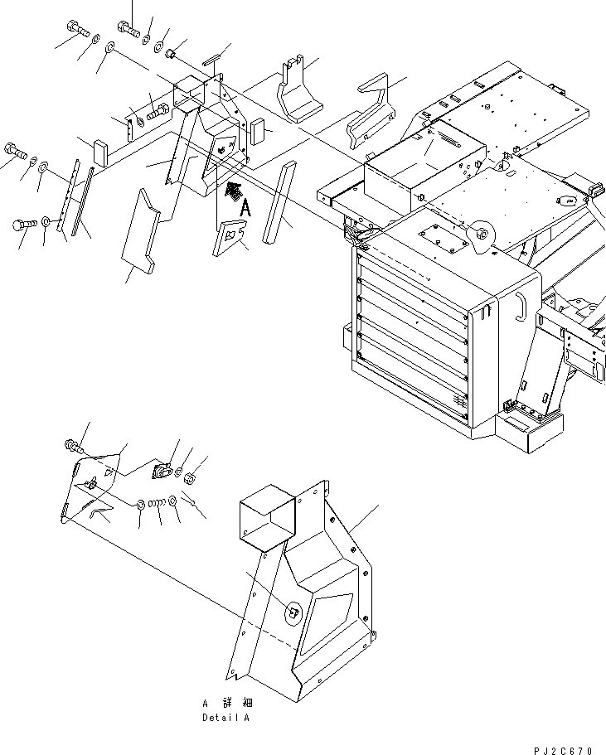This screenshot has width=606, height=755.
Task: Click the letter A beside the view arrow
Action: coord(245,211)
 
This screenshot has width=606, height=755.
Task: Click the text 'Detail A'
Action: coord(225,718)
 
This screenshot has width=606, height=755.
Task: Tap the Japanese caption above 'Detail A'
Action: coord(225,703)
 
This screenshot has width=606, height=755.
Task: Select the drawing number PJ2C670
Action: coord(565,751)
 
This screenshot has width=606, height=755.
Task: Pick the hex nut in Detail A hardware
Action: coord(188,477)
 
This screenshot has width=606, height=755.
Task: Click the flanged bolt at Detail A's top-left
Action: coord(71,446)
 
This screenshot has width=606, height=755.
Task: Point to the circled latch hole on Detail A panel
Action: coord(293,612)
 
